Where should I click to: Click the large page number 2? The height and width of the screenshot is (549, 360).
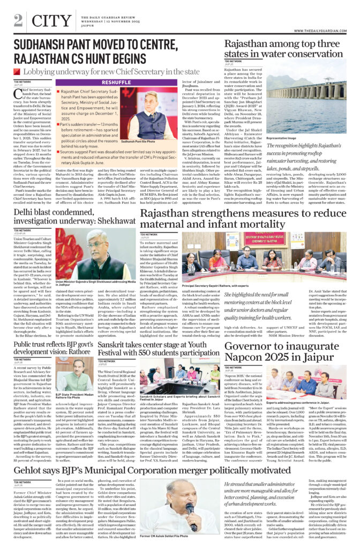tap(18, 20)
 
